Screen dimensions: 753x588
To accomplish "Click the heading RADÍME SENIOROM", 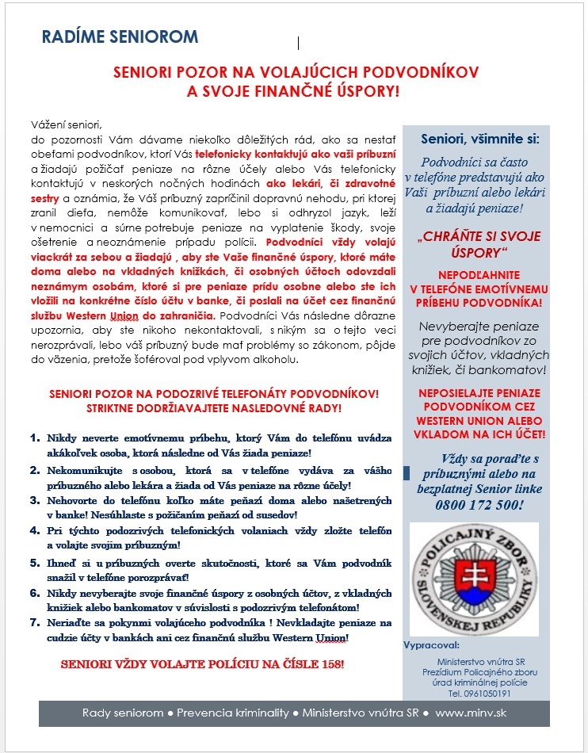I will coord(120,37).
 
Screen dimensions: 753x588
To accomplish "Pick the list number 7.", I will coord(34,623).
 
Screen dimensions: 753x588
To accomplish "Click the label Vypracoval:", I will coord(431,643).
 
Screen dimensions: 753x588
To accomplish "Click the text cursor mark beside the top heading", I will coord(299,43).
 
